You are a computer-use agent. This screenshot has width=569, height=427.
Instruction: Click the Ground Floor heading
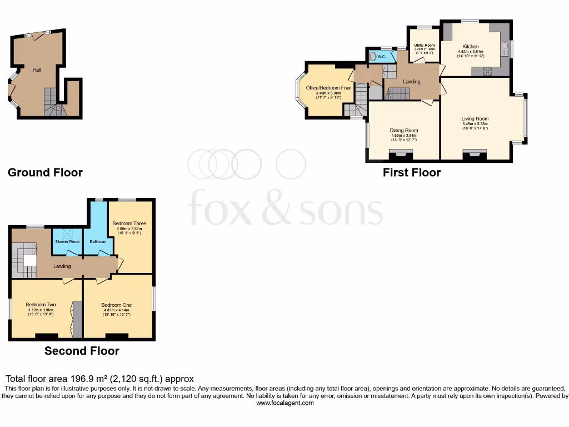tap(45, 172)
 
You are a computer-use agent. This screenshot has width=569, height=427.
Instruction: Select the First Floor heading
tap(412, 172)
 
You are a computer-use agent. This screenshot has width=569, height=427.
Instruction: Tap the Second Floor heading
tap(82, 351)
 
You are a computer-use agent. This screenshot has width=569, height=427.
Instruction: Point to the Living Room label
tap(475, 118)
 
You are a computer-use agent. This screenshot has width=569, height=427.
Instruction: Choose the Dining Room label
tap(403, 131)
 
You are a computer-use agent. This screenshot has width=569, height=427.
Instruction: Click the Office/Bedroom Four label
tap(328, 88)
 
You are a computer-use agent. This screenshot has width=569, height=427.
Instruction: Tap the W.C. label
tap(381, 56)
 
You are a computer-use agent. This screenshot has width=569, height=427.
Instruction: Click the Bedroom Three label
tap(129, 224)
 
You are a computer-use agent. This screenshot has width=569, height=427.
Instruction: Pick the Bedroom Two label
tap(41, 305)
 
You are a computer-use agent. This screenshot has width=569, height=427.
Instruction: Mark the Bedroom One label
tap(117, 305)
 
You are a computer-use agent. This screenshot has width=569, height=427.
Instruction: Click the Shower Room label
tap(67, 242)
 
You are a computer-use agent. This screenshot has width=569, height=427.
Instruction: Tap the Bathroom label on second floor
tap(98, 242)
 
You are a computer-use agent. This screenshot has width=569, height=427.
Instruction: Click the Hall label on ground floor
tap(37, 70)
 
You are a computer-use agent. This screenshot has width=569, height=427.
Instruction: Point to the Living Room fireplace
tap(474, 155)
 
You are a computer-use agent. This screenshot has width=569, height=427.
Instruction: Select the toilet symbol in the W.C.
tap(372, 56)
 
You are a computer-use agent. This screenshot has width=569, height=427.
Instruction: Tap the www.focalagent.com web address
tap(284, 403)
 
